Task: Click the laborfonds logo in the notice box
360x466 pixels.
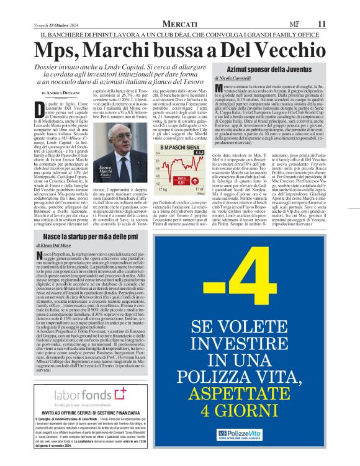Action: [x=83, y=395]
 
